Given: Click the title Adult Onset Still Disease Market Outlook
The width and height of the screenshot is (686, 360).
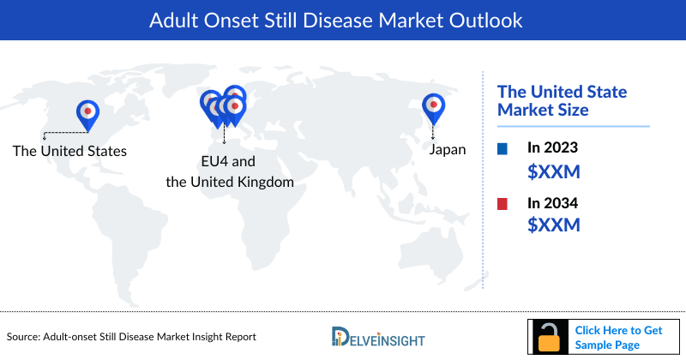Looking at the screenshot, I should pyautogui.click(x=342, y=20).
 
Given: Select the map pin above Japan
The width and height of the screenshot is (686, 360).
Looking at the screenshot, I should pyautogui.click(x=433, y=106).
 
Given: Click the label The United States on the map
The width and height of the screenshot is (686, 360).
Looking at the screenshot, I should pyautogui.click(x=69, y=151).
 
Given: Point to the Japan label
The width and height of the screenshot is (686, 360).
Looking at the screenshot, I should pyautogui.click(x=448, y=150).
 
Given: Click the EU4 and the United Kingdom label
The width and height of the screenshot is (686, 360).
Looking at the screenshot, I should pyautogui.click(x=229, y=171).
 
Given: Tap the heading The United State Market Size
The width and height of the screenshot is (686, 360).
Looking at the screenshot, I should pyautogui.click(x=563, y=100).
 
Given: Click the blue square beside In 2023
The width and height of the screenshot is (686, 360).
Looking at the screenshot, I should pyautogui.click(x=502, y=148).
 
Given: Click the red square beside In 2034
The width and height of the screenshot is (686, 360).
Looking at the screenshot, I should pyautogui.click(x=502, y=203).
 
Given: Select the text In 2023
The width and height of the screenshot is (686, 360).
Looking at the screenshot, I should pyautogui.click(x=554, y=148).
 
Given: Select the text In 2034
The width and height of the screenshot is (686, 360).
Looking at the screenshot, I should pyautogui.click(x=554, y=203).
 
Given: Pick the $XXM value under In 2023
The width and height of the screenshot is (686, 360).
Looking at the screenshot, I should pyautogui.click(x=553, y=171).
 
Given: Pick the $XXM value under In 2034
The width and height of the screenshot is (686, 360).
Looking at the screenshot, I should pyautogui.click(x=553, y=225).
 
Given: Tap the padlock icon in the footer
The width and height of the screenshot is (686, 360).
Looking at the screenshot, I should pyautogui.click(x=546, y=337).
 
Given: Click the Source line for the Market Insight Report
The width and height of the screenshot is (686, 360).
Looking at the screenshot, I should pyautogui.click(x=131, y=337).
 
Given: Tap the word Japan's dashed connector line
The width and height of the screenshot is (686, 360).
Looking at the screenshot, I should pyautogui.click(x=433, y=131).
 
